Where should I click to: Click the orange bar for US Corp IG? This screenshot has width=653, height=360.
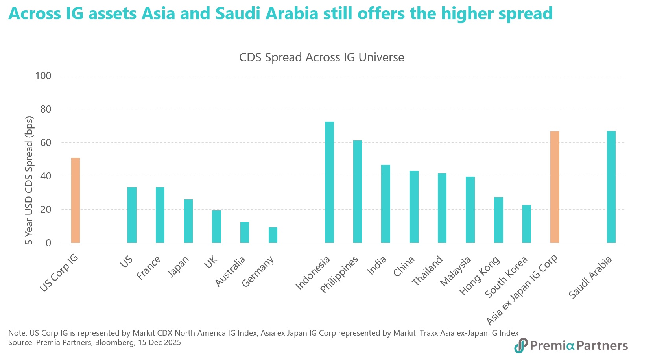76,200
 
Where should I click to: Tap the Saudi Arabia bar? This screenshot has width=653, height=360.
611,187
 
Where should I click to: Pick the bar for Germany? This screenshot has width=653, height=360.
273,235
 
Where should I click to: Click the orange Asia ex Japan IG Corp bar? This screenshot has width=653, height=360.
555,187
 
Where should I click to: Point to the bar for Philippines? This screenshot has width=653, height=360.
358,192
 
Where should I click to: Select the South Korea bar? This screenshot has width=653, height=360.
527,224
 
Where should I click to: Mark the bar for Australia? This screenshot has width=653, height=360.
245,232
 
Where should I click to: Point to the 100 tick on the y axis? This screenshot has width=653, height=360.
43,76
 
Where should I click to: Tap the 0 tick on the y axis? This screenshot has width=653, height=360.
48,243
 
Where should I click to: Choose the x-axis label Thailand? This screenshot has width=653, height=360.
427,270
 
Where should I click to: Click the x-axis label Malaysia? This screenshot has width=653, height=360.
455,271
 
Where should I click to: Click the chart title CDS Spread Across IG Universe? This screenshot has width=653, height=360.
321,57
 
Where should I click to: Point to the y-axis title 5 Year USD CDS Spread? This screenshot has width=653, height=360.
29,180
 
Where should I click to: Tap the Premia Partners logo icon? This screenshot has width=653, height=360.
521,345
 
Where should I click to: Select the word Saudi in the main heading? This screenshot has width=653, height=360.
239,14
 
